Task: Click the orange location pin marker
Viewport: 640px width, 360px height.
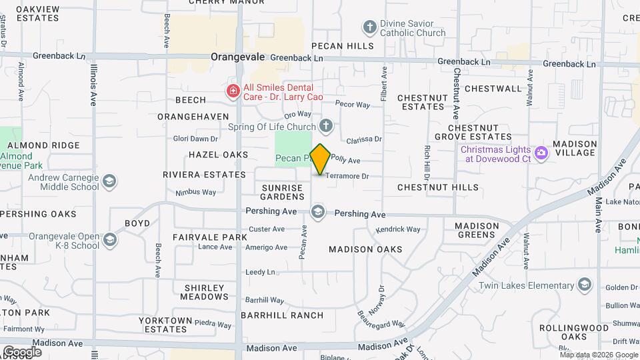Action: (x=320, y=159)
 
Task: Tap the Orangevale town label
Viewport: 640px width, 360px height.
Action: (x=238, y=57)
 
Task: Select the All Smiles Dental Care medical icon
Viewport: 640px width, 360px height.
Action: (x=233, y=91)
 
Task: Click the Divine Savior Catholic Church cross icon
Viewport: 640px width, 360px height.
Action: (x=369, y=27)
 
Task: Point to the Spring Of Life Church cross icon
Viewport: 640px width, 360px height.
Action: (x=326, y=126)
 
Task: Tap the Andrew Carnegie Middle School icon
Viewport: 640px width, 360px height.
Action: (x=109, y=181)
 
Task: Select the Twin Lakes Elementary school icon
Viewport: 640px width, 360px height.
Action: (x=585, y=285)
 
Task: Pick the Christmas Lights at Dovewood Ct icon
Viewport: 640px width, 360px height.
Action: (x=541, y=153)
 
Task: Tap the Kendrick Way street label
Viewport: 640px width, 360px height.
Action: (x=398, y=229)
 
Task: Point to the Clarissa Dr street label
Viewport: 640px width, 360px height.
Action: (x=364, y=139)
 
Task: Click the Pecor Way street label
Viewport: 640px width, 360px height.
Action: (x=353, y=105)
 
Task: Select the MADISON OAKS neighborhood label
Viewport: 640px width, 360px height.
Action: (x=365, y=249)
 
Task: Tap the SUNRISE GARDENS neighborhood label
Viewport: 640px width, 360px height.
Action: (x=283, y=192)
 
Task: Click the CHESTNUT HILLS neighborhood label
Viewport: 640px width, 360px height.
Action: (x=438, y=187)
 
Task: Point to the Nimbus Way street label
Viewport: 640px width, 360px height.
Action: (x=196, y=192)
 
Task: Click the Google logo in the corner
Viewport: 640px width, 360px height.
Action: (x=22, y=351)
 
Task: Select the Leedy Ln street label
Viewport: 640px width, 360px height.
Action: (x=260, y=272)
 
